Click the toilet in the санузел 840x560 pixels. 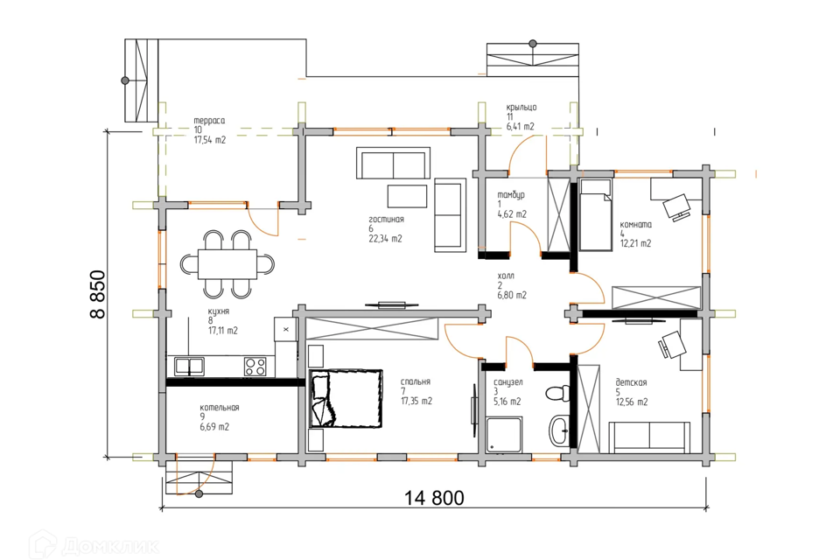557,393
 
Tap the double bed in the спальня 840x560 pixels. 346,398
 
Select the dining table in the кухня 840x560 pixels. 227,264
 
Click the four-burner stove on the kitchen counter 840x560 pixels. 255,366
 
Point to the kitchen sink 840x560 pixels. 189,367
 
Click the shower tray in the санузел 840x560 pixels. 504,435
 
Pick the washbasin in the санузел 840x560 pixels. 559,430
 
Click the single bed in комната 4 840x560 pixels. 595,215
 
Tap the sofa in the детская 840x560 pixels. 649,437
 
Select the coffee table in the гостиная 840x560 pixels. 407,196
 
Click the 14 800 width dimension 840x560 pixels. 434,498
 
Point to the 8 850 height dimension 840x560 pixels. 98,294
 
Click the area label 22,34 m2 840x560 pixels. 385,239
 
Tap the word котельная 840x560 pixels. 220,408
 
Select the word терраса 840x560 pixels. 209,121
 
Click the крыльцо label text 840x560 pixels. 521,108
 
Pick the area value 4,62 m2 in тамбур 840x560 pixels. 512,214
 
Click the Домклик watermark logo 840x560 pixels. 94,545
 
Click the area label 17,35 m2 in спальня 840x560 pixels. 416,402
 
